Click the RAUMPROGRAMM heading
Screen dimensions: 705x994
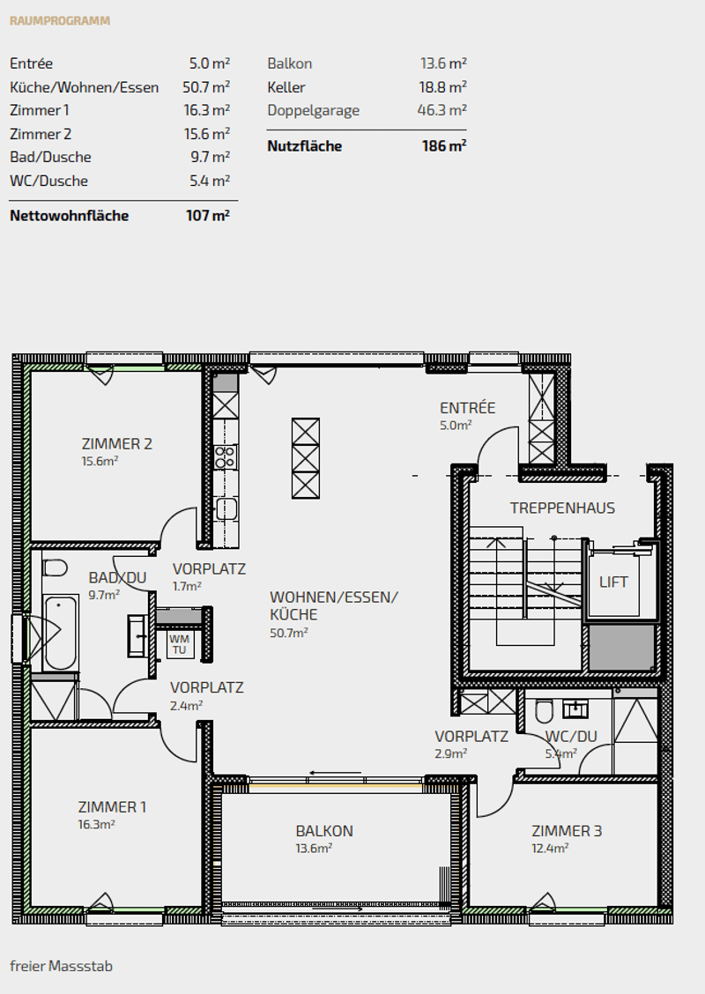pos(60,21)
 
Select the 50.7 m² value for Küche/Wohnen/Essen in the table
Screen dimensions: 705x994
pos(206,86)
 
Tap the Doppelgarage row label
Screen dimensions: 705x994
pos(313,110)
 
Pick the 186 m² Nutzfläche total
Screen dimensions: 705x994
pos(444,145)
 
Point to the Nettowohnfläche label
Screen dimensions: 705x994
pos(69,216)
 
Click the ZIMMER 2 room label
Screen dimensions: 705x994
pos(116,444)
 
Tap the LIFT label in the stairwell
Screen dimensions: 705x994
pos(613,582)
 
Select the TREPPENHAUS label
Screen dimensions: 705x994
pos(562,508)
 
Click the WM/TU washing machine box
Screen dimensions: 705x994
pos(180,644)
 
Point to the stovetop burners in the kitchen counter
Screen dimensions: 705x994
pos(225,457)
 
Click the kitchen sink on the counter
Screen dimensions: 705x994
pos(226,508)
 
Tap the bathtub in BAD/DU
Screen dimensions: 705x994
pos(61,632)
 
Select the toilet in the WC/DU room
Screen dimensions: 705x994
pos(544,712)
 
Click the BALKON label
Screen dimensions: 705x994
pos(324,831)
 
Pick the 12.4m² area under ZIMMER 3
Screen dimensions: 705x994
pos(550,849)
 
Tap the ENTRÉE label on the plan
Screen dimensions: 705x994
pos(467,408)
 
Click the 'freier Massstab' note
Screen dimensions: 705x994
pos(62,966)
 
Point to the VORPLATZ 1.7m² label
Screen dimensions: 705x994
pos(209,576)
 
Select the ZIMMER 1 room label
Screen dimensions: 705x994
pos(112,807)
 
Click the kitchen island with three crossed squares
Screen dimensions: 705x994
pos(306,458)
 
